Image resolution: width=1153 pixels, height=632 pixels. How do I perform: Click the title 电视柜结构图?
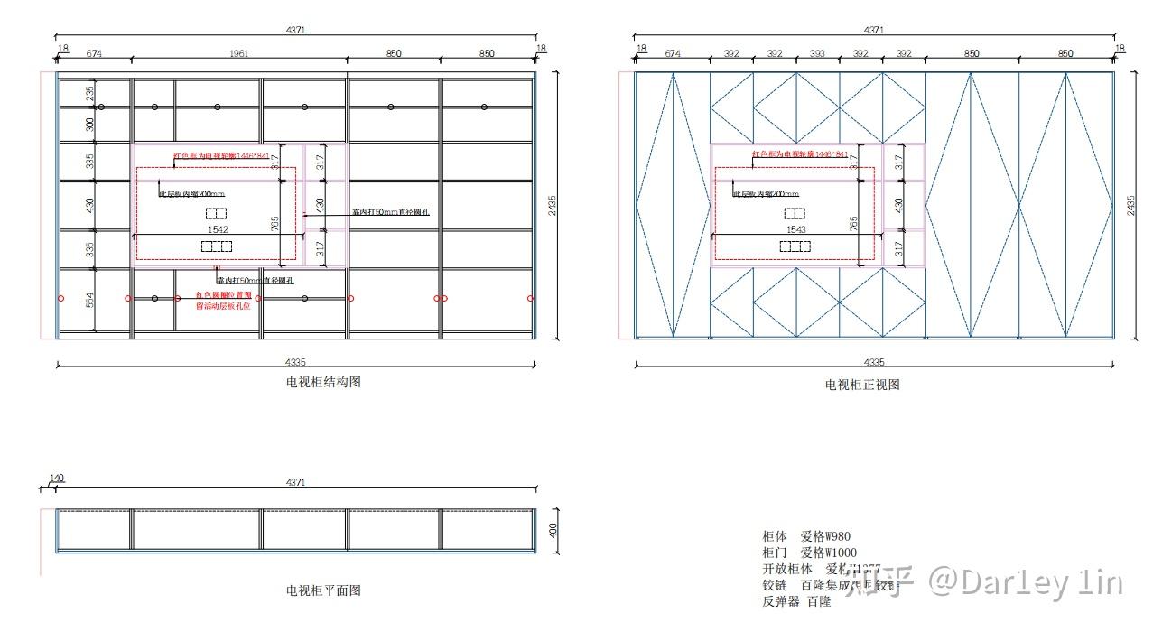pyautogui.click(x=323, y=382)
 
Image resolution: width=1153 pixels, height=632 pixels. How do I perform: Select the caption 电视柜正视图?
pyautogui.click(x=862, y=384)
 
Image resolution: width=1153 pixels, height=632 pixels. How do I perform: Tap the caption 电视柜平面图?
pyautogui.click(x=323, y=590)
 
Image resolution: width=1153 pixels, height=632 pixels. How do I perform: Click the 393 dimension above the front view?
pyautogui.click(x=817, y=54)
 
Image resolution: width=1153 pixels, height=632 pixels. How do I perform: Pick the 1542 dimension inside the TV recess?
pyautogui.click(x=217, y=230)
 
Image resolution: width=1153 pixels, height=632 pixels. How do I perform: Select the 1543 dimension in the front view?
pyautogui.click(x=796, y=230)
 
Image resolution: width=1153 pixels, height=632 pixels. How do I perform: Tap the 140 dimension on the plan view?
pyautogui.click(x=57, y=479)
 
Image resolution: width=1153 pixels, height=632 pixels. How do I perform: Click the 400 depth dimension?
pyautogui.click(x=553, y=530)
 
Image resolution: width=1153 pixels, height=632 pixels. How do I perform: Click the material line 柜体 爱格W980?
pyautogui.click(x=806, y=536)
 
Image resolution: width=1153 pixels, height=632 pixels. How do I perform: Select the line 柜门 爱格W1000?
pyautogui.click(x=809, y=553)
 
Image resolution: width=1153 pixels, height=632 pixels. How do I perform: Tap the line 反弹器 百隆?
pyautogui.click(x=796, y=601)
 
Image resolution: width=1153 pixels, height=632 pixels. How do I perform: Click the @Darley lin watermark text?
pyautogui.click(x=1027, y=582)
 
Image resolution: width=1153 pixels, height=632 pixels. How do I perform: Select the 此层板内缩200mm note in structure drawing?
pyautogui.click(x=191, y=193)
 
